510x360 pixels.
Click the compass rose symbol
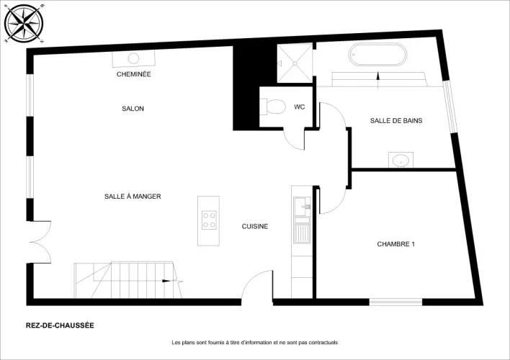click(x=24, y=24)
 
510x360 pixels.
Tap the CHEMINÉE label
click(x=134, y=74)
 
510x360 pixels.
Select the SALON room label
click(x=133, y=109)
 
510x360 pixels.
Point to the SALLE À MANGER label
click(x=133, y=197)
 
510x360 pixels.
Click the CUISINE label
click(x=255, y=226)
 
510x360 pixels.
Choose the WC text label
click(x=299, y=107)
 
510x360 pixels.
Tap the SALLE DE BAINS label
click(x=396, y=121)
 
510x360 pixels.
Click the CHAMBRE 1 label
click(x=396, y=244)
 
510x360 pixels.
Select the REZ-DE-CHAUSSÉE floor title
click(x=60, y=325)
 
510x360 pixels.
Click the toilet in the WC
click(x=272, y=107)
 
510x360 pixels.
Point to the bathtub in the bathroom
click(x=377, y=55)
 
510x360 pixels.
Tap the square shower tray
click(x=295, y=63)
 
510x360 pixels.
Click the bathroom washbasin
click(x=401, y=160)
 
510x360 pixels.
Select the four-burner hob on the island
click(x=209, y=220)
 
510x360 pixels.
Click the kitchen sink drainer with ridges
click(x=302, y=233)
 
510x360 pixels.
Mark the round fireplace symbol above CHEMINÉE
click(x=133, y=58)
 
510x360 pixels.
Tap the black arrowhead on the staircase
click(x=166, y=281)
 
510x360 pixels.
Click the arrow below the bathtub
click(x=377, y=81)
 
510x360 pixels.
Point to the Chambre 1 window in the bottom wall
click(x=395, y=302)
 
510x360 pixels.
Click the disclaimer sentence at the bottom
click(x=255, y=343)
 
